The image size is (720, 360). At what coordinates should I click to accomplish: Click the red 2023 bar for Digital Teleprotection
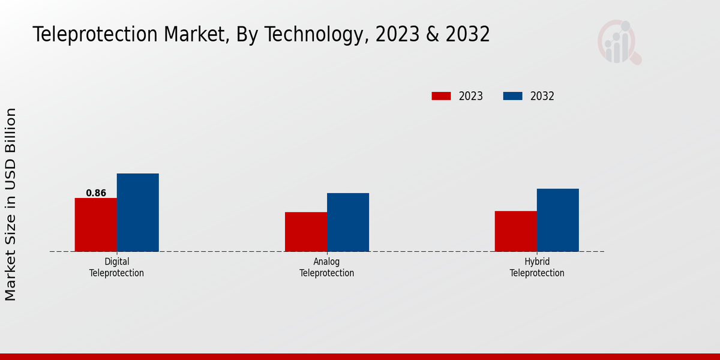(95, 224)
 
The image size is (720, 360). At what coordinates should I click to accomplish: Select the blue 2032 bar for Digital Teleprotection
(137, 212)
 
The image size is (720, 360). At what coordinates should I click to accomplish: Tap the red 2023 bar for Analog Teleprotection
(305, 232)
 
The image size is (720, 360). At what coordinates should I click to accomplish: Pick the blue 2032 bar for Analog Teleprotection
(347, 222)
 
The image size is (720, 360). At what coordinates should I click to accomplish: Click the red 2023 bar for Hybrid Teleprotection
(515, 231)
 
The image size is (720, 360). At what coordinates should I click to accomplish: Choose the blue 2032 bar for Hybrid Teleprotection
(557, 220)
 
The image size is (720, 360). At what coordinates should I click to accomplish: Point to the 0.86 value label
(96, 193)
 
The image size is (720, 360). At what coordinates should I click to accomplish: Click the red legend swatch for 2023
(441, 96)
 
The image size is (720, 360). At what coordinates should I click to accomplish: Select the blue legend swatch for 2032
(512, 96)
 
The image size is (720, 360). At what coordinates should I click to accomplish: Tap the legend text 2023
(471, 96)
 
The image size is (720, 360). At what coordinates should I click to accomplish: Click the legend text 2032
(542, 96)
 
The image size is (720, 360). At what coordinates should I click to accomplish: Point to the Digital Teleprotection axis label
(116, 268)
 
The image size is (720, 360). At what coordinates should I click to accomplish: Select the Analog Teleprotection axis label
(326, 268)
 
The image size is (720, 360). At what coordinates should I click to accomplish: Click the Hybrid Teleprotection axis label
(537, 268)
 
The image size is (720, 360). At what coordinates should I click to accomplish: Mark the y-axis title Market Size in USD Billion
(11, 204)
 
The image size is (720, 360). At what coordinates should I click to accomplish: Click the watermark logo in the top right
(619, 42)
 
